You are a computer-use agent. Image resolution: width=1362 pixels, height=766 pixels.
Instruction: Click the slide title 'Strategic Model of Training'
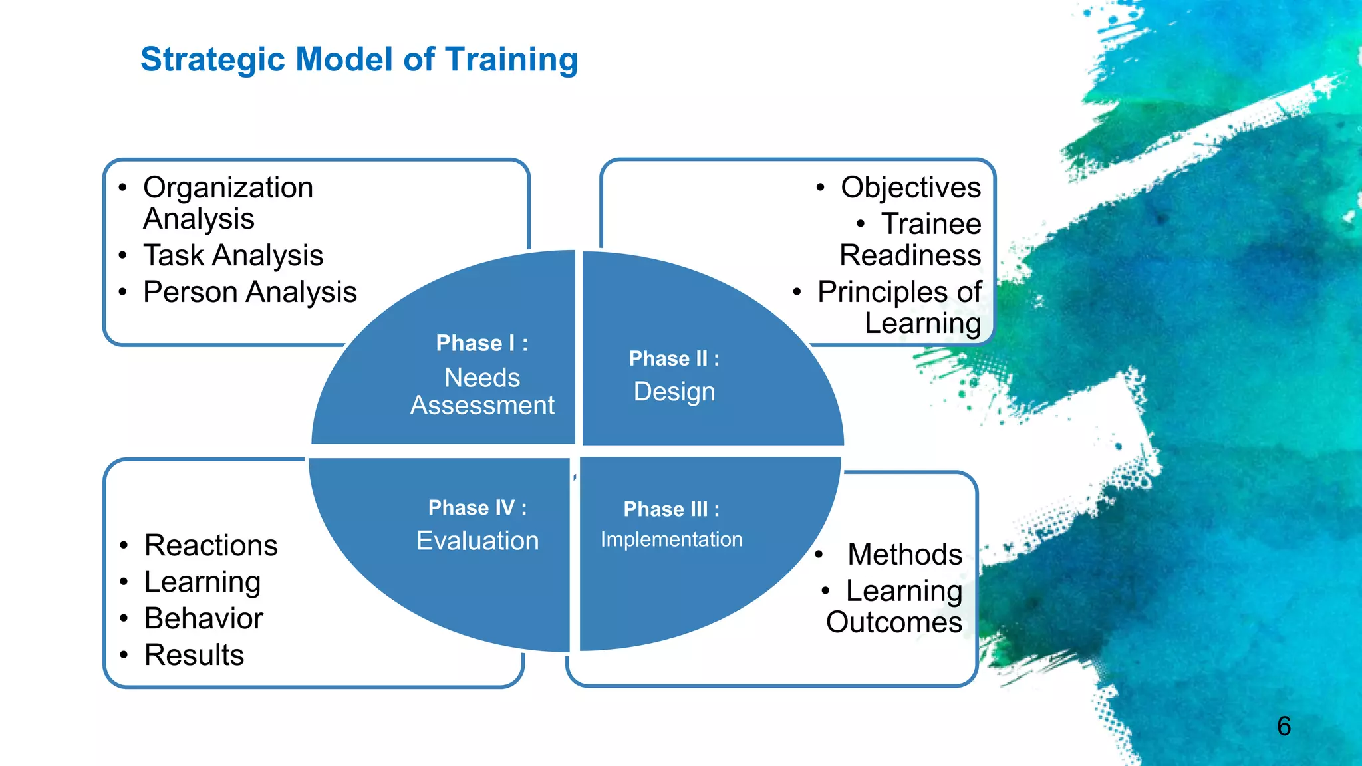[x=359, y=60]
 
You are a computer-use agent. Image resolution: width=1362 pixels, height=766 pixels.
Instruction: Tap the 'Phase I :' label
[x=482, y=343]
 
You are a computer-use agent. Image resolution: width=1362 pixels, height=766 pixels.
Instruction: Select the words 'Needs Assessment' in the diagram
[x=482, y=392]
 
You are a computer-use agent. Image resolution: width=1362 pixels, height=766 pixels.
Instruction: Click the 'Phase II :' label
[x=674, y=359]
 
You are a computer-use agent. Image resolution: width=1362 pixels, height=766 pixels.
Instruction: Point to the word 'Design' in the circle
[x=674, y=392]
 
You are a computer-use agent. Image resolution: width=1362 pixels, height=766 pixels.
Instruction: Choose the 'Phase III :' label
[x=671, y=509]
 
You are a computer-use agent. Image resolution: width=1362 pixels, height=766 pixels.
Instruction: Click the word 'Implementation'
[x=671, y=539]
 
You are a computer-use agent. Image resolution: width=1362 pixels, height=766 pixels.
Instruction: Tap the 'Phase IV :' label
[x=477, y=508]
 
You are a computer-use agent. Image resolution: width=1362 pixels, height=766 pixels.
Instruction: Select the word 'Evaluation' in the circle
[x=477, y=541]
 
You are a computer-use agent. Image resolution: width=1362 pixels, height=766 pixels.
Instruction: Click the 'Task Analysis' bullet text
[x=233, y=256]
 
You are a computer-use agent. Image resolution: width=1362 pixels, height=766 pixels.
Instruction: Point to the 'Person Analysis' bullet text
[x=249, y=293]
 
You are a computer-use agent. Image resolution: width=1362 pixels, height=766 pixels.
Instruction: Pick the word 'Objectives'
[x=910, y=188]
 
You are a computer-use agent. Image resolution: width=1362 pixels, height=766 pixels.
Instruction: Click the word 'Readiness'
[x=910, y=256]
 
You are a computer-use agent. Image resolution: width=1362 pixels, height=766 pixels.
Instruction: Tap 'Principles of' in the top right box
[x=899, y=293]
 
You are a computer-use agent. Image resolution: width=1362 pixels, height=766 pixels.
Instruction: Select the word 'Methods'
[x=904, y=555]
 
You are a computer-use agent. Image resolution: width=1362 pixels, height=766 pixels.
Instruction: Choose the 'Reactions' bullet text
[x=211, y=546]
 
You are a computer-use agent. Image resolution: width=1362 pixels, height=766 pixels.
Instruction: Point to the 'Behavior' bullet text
[x=204, y=619]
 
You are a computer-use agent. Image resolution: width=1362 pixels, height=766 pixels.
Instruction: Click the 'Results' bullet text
[x=194, y=656]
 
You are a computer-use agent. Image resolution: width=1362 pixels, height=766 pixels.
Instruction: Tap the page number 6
[x=1284, y=726]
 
